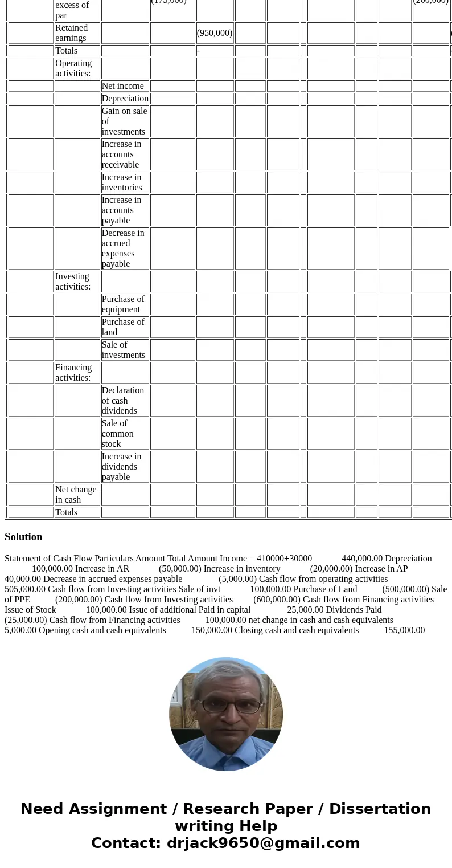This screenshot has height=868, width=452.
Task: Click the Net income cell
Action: click(123, 86)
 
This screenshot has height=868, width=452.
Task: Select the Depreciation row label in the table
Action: click(125, 99)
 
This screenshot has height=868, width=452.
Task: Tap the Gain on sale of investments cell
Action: click(124, 121)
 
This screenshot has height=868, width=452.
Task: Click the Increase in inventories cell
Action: click(122, 182)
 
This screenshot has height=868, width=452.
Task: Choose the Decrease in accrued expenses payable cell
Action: click(123, 248)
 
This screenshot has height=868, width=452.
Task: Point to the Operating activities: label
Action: click(73, 68)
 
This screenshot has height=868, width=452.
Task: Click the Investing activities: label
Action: click(73, 282)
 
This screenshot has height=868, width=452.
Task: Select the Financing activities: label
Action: click(73, 373)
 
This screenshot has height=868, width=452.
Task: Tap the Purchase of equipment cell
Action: click(123, 304)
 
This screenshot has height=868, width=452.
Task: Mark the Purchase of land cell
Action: click(123, 327)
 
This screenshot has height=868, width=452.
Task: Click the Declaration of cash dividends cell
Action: click(123, 401)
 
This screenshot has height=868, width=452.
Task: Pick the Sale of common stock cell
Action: click(118, 434)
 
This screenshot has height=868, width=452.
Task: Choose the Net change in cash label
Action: click(76, 495)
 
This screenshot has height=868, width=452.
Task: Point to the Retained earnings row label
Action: click(72, 33)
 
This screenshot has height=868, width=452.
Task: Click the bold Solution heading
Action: click(23, 537)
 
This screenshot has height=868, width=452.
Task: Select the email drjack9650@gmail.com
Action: click(263, 843)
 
